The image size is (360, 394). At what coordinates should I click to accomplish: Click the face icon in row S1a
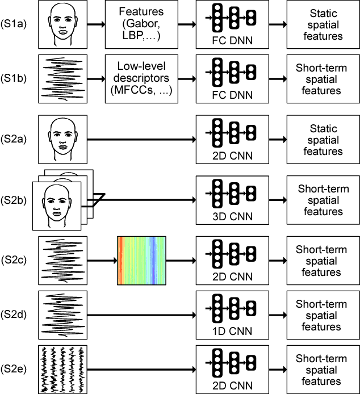62,24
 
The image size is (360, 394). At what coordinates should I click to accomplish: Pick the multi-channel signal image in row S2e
62,368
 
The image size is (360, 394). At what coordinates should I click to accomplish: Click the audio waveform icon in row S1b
62,79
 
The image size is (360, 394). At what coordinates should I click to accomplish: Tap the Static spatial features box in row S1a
323,24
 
